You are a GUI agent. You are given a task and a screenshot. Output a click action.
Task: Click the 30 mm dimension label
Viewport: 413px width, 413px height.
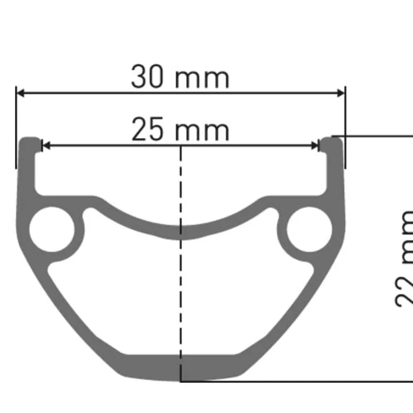[x=180, y=77]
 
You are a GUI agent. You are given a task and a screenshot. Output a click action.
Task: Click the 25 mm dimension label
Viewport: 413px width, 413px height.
[x=180, y=130]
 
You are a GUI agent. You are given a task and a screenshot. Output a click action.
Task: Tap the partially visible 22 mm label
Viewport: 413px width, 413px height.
[x=405, y=258]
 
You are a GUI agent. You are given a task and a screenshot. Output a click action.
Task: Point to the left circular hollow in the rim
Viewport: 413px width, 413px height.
[x=50, y=229]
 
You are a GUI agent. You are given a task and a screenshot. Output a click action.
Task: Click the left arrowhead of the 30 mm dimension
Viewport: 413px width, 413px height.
[x=21, y=93]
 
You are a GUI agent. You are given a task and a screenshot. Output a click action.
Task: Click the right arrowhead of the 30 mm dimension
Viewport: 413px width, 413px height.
[x=340, y=93]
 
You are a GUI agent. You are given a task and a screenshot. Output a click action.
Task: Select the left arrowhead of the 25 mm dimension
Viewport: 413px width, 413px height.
[x=45, y=146]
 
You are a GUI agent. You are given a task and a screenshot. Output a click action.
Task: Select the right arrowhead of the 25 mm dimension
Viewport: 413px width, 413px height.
[x=316, y=146]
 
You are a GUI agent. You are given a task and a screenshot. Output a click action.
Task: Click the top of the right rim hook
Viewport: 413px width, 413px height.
[x=331, y=139]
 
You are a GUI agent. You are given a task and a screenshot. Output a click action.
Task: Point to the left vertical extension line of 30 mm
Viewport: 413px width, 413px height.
[x=17, y=129]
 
